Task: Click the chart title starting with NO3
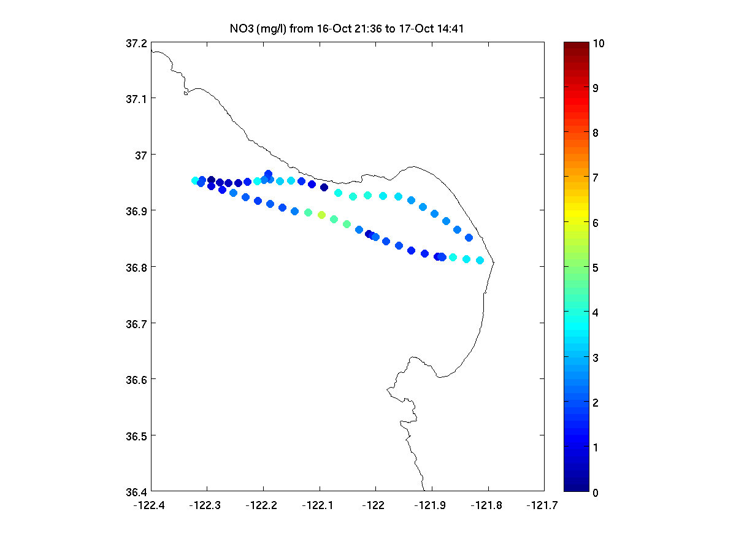tap(347, 28)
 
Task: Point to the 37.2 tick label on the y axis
tap(136, 44)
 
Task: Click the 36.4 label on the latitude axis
tap(136, 492)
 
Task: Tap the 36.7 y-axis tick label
tap(136, 324)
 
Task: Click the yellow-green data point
tap(321, 215)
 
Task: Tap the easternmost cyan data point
tap(480, 261)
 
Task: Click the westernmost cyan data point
tap(196, 181)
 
